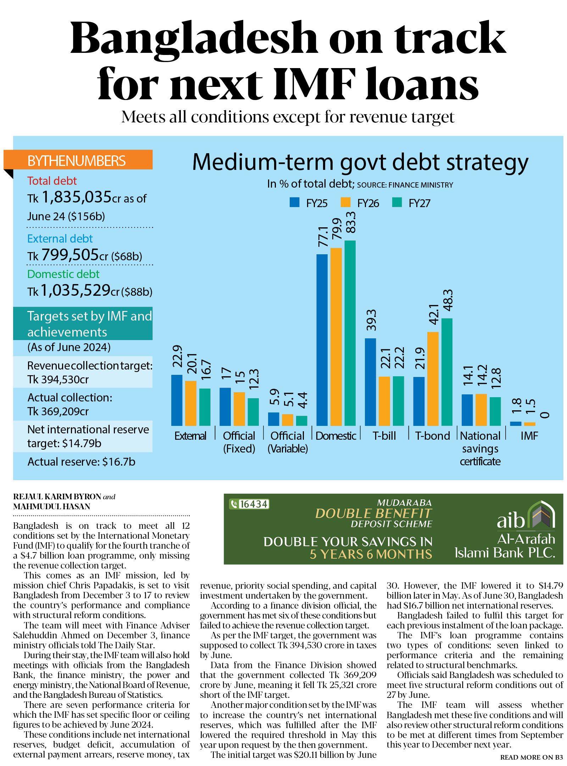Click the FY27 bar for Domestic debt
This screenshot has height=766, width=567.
click(350, 333)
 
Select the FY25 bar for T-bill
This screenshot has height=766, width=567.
click(370, 382)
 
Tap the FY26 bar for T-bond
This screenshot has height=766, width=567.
click(433, 379)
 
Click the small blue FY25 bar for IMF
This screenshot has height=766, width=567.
click(515, 423)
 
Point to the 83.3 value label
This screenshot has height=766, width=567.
click(350, 222)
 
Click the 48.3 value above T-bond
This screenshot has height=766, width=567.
click(448, 300)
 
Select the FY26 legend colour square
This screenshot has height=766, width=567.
click(345, 202)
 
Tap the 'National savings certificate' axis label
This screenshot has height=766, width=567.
click(480, 448)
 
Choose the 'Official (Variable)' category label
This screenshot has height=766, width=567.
click(288, 442)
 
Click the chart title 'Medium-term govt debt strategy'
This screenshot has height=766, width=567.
click(360, 162)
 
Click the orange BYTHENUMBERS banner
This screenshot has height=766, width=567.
click(78, 160)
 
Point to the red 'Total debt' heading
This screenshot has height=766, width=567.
click(52, 181)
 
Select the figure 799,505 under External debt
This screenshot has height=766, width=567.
click(70, 255)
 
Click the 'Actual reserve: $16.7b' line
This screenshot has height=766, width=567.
click(81, 462)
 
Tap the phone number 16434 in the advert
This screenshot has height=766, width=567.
click(253, 504)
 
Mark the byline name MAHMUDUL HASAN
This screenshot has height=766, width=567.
click(52, 506)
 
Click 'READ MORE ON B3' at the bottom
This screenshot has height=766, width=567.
click(531, 757)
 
